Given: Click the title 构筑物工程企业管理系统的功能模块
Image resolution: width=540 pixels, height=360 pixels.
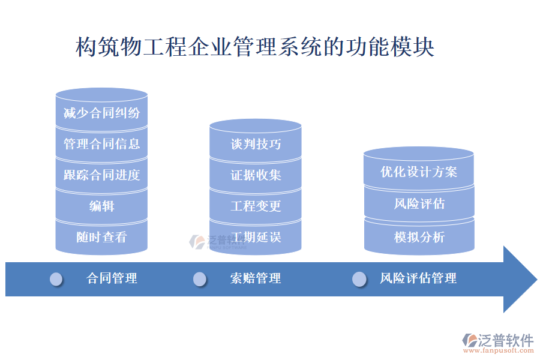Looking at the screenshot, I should (254, 47).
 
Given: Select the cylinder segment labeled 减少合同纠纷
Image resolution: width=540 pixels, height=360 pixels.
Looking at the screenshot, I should (101, 113).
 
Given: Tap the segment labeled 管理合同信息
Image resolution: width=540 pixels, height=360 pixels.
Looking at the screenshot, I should (101, 144).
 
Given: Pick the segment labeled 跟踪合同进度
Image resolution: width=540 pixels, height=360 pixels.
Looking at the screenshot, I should (101, 175).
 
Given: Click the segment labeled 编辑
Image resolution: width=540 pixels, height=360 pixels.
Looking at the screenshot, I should (101, 206).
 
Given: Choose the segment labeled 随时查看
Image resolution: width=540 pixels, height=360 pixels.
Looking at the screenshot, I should (101, 237).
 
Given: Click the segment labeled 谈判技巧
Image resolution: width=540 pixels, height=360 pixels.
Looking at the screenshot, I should (256, 145).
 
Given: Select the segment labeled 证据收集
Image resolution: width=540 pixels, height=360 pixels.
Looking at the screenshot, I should (256, 175).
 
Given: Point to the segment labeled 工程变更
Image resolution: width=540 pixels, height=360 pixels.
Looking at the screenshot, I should (256, 206).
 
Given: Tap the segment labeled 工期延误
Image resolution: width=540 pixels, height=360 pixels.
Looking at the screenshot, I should (256, 237).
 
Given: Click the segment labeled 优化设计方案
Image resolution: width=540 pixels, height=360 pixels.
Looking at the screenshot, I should (419, 172).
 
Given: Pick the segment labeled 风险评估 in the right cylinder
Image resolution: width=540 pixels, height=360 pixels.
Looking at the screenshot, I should (419, 203).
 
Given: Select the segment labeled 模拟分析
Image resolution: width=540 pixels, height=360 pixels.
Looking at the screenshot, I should (419, 237).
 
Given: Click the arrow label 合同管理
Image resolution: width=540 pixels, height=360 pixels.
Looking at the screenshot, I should (112, 278).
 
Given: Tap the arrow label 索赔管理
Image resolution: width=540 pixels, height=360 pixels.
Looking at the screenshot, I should (256, 278).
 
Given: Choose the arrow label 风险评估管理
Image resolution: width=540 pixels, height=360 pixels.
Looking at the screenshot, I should (418, 278).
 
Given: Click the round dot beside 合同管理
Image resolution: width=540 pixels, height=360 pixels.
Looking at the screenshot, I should (56, 279).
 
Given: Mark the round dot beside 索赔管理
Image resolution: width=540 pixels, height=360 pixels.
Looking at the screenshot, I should (200, 279).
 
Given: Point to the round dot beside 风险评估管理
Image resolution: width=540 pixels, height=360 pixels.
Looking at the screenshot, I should (359, 279).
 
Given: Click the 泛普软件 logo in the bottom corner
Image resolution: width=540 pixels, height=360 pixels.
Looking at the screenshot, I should (497, 343).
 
